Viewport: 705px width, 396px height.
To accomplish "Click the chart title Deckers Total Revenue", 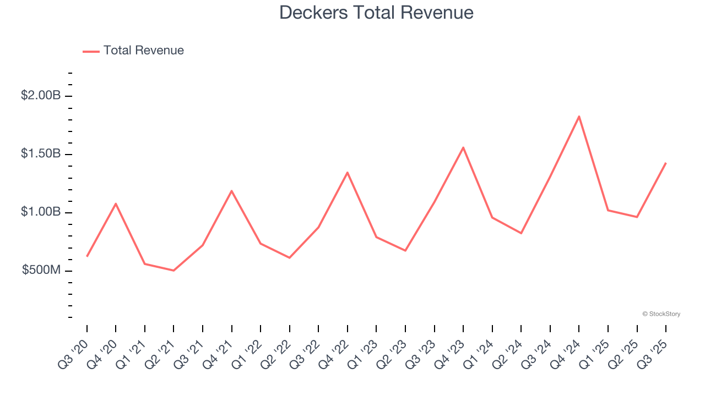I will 376,12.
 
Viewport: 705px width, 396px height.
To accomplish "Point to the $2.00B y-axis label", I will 41,96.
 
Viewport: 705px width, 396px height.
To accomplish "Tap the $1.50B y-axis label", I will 41,154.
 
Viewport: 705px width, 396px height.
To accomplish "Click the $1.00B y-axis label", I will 41,212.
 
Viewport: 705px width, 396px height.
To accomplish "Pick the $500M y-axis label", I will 41,271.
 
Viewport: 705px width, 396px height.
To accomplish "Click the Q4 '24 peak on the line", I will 579,116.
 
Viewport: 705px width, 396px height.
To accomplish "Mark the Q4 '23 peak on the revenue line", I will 463,147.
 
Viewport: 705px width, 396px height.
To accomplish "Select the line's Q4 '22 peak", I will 348,173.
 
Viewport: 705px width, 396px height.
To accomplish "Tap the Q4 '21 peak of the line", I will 232,191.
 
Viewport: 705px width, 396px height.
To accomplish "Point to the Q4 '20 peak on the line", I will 116,204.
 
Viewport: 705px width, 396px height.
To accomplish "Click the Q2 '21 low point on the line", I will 173,271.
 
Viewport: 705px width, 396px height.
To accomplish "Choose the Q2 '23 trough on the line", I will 405,251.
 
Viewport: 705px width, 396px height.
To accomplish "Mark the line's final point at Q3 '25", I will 666,163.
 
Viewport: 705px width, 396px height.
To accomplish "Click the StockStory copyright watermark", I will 661,314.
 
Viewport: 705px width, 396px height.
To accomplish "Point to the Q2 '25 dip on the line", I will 637,217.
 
